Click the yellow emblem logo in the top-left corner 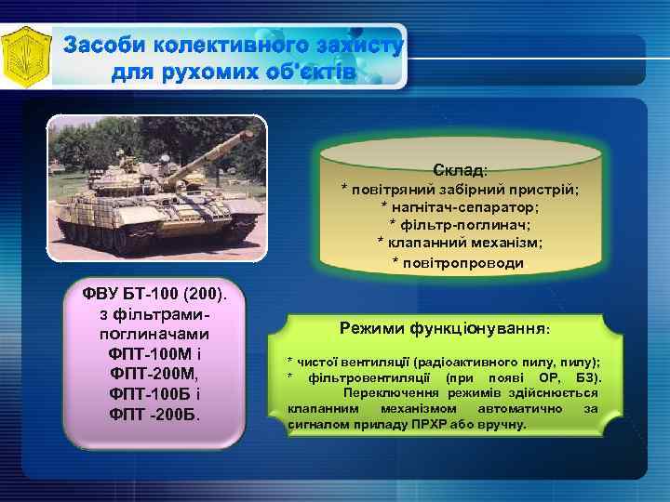[x=24, y=54]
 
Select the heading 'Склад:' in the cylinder [x=460, y=170]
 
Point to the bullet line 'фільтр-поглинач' [x=460, y=224]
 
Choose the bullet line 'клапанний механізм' [x=460, y=242]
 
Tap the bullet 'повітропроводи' [x=460, y=262]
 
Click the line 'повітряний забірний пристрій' [x=460, y=189]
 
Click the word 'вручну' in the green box [x=504, y=424]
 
